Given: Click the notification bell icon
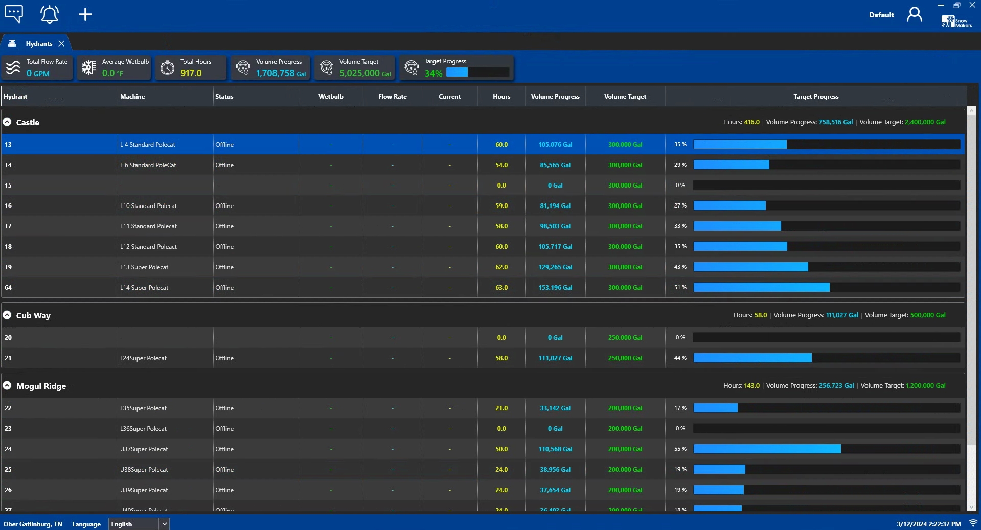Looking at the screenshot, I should click(x=49, y=14).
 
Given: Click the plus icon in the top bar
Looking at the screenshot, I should click(x=85, y=14).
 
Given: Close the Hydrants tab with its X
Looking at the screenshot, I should click(x=61, y=44).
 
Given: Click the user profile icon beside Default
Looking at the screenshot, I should click(x=914, y=14).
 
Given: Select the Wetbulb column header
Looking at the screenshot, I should click(x=331, y=97).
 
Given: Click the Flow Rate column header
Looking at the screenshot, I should click(x=392, y=97).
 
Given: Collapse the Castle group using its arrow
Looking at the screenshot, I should click(x=7, y=122).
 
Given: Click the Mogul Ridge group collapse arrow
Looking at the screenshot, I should click(x=7, y=386).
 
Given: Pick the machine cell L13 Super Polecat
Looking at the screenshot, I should click(x=144, y=267).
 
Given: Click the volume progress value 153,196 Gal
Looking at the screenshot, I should click(x=555, y=288).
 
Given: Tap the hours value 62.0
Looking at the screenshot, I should click(x=501, y=267).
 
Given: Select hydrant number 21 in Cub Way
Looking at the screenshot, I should click(x=8, y=358).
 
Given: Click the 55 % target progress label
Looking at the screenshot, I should click(x=680, y=449).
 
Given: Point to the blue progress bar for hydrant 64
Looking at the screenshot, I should click(x=761, y=288).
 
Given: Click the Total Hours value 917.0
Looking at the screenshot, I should click(x=191, y=73).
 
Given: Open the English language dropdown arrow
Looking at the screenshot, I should click(x=164, y=524).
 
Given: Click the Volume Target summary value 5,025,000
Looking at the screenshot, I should click(x=360, y=73).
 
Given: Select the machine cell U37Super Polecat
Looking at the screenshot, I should click(x=144, y=449).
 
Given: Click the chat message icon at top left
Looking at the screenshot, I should click(x=14, y=13).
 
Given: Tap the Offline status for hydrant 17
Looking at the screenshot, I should click(x=224, y=226).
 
